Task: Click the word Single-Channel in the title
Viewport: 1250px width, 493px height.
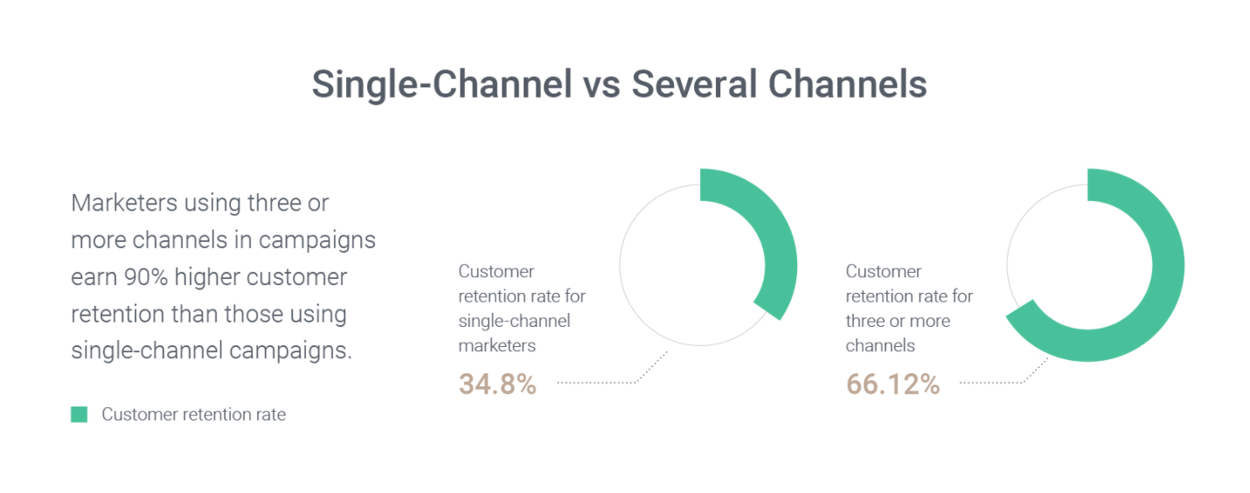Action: [442, 84]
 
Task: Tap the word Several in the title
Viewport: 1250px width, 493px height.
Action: [694, 84]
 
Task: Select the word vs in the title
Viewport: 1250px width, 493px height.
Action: [602, 88]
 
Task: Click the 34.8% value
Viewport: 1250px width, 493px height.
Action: [497, 384]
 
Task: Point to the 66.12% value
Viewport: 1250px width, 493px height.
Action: [892, 384]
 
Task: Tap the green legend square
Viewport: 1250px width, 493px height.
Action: [80, 414]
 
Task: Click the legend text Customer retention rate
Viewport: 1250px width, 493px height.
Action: [194, 414]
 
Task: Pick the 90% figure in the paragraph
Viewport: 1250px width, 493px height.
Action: [146, 277]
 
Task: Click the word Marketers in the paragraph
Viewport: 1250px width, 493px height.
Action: [124, 203]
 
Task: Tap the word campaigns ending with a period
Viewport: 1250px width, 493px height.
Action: [291, 351]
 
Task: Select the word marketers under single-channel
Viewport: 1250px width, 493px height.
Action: [497, 345]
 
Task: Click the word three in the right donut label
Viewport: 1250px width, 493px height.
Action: [865, 321]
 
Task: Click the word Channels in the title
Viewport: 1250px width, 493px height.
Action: [848, 84]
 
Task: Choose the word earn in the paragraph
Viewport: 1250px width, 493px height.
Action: [94, 277]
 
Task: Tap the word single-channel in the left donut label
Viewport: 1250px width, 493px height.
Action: [514, 321]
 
